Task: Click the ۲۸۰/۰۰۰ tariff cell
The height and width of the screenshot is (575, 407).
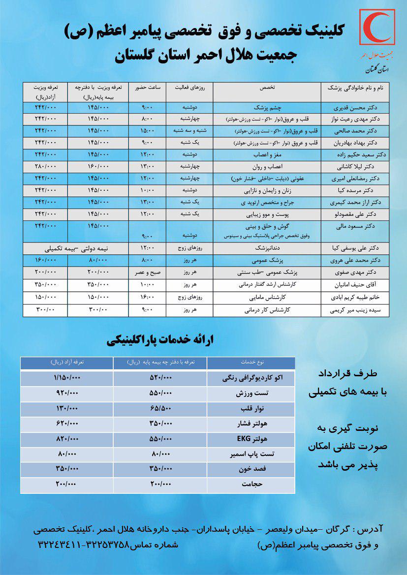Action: point(46,166)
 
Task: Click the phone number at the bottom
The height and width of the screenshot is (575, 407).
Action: point(83,545)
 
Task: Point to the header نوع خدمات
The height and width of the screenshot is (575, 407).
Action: point(251,363)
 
